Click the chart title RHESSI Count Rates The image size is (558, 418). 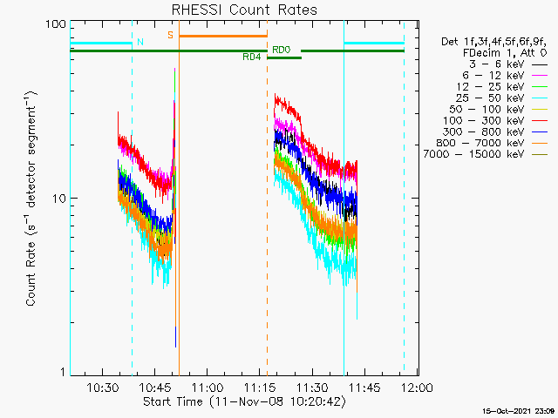[244, 10]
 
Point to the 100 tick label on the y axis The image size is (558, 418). [56, 24]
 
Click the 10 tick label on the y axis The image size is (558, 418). [59, 199]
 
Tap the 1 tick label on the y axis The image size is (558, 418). [64, 372]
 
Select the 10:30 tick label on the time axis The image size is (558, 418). [103, 388]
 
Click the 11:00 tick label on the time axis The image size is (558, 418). [208, 388]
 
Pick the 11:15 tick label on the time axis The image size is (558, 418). [260, 388]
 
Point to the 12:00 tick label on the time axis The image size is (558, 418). [417, 388]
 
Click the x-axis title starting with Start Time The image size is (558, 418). [244, 401]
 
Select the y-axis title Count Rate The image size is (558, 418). [31, 199]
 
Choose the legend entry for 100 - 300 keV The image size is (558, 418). [494, 120]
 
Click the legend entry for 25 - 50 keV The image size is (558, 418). [501, 98]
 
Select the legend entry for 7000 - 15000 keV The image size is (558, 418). [485, 154]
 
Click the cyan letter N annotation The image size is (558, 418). [140, 42]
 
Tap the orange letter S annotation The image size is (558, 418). [171, 35]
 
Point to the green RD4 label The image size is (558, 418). [252, 57]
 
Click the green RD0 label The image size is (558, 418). [282, 50]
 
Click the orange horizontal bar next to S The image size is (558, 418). [223, 36]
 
